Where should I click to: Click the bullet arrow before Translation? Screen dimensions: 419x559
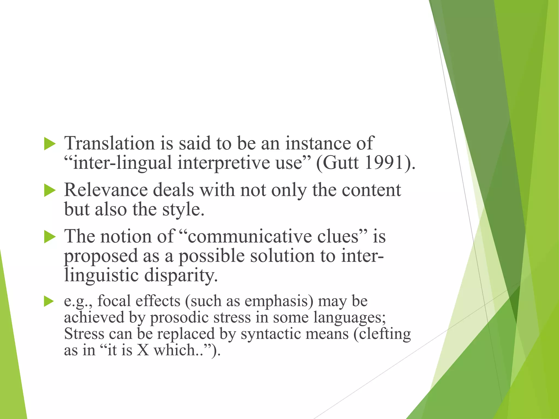[49, 144]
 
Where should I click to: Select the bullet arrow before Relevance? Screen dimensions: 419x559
[49, 190]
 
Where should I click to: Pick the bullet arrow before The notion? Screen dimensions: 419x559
[49, 237]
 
